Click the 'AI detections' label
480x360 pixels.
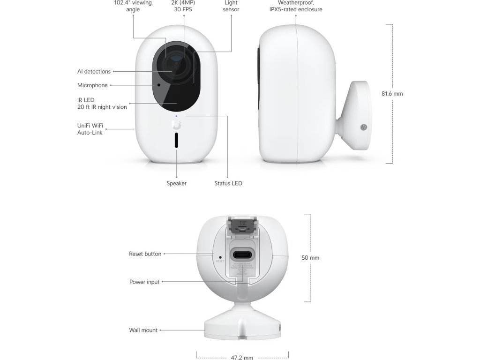(x=94, y=72)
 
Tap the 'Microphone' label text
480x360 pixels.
(x=92, y=85)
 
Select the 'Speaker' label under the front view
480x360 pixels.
(x=177, y=183)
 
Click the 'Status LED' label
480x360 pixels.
(x=228, y=183)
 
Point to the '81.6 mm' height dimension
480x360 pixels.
(x=392, y=94)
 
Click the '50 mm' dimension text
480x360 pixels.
(x=310, y=258)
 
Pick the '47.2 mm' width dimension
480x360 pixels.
(x=242, y=358)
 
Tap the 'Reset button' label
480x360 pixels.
(x=145, y=254)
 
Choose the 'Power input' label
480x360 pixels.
(x=144, y=282)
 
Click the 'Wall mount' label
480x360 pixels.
(x=143, y=330)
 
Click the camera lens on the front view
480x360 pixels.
(x=174, y=64)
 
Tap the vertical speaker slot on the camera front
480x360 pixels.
(x=177, y=141)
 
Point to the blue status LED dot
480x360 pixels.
(x=176, y=115)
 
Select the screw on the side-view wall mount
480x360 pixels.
(x=363, y=127)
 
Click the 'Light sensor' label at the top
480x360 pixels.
(x=232, y=6)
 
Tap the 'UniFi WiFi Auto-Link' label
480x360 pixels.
(x=90, y=129)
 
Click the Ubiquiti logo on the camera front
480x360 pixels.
(x=176, y=124)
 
